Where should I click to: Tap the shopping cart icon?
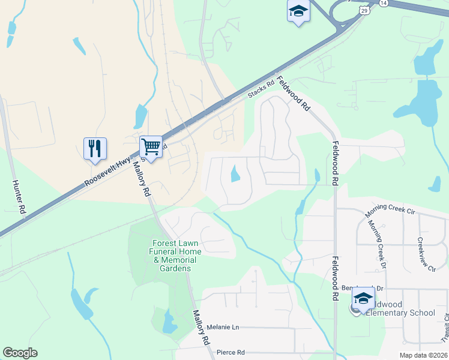tap(151, 146)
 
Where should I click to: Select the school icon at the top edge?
tap(298, 11)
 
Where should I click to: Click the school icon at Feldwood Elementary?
tap(363, 298)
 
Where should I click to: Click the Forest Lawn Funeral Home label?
tap(176, 256)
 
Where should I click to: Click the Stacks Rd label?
tap(261, 91)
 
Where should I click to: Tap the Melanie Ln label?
tap(223, 328)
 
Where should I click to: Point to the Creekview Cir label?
tap(426, 254)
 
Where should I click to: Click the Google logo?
tap(20, 353)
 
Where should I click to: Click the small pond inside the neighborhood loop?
tap(234, 174)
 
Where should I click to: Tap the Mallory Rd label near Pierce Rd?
tap(200, 326)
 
